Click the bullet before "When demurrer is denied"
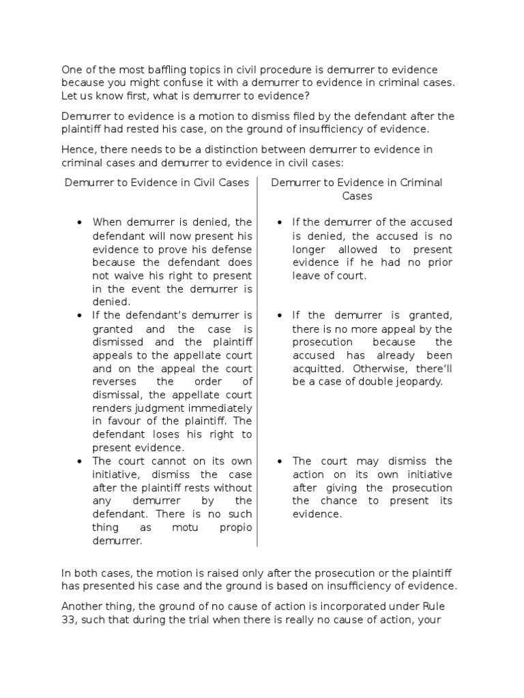(81, 223)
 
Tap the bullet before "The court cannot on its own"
(81, 461)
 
